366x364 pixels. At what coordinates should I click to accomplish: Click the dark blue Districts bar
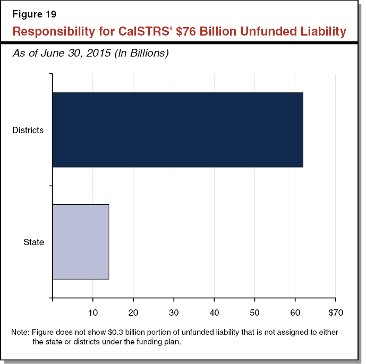click(x=177, y=130)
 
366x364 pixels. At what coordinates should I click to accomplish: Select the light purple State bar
click(x=81, y=241)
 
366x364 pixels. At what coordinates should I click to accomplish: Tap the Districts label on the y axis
click(x=28, y=130)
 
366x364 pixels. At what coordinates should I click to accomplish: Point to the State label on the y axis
click(x=33, y=242)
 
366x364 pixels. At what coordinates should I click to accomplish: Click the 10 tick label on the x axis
click(x=93, y=313)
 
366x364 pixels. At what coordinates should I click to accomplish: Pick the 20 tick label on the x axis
click(x=133, y=313)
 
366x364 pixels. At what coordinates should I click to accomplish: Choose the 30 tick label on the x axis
click(x=174, y=313)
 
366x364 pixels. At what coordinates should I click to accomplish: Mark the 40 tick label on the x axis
click(x=214, y=313)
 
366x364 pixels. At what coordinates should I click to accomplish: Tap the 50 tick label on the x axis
click(x=254, y=313)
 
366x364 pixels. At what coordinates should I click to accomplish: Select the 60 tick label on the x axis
click(x=295, y=313)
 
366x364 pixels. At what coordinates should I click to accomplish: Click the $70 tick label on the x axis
click(x=335, y=313)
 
